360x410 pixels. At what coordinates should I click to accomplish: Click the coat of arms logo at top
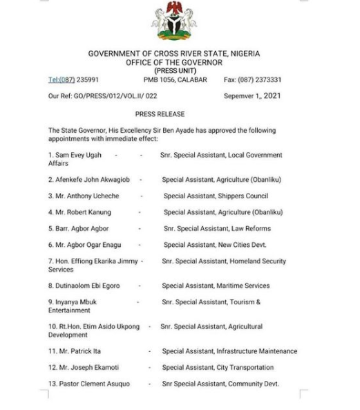coord(173,21)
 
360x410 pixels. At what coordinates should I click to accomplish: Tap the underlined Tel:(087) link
coord(61,80)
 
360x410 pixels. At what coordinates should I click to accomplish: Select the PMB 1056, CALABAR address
coord(173,80)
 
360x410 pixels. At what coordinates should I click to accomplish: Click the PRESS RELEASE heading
coord(160,114)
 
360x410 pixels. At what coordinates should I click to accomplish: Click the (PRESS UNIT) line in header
coord(173,71)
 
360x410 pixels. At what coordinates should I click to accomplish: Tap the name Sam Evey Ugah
coord(78,156)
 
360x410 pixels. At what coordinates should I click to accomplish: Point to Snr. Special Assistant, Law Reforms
coord(216,229)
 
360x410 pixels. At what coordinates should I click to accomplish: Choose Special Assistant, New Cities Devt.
coord(215,245)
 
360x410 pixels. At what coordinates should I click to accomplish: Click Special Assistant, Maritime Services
coord(216,286)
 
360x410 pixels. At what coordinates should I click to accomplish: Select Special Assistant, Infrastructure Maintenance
coord(229,351)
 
